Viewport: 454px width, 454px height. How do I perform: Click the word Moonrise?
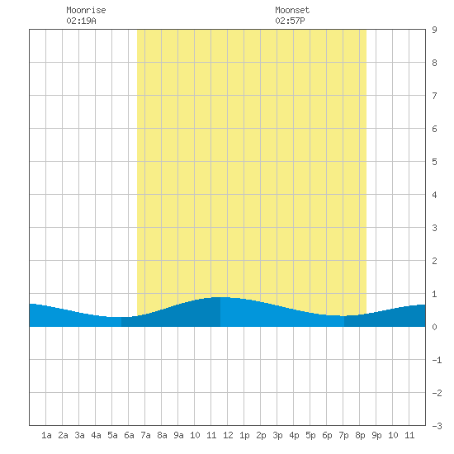coord(86,10)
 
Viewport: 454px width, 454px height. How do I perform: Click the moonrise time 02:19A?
coord(81,21)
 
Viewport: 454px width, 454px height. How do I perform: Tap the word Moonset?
coord(292,10)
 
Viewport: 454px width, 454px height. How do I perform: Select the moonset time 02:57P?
coord(290,21)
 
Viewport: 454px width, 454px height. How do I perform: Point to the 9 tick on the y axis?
coord(434,30)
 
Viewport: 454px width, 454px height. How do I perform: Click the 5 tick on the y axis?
coord(434,162)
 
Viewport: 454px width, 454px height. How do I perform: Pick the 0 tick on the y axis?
coord(434,327)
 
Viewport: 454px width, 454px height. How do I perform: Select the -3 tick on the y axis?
coord(437,426)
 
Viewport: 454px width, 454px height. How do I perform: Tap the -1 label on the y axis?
coord(437,360)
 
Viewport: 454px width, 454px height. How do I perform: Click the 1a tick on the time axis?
coord(46,435)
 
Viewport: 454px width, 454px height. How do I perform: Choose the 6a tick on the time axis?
coord(129,435)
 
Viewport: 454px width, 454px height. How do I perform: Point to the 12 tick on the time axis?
coord(228,435)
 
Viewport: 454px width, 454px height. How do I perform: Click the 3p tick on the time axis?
coord(277,435)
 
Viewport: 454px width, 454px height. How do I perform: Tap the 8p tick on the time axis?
coord(360,435)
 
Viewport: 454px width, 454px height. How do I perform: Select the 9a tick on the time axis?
coord(178,435)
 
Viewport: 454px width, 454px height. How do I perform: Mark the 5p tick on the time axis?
coord(310,435)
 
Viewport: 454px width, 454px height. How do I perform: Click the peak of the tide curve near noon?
coord(220,297)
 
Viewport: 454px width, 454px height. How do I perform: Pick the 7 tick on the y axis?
coord(434,96)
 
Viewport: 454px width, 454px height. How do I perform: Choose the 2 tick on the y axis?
coord(434,261)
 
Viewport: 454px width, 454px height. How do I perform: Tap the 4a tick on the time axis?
coord(96,435)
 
